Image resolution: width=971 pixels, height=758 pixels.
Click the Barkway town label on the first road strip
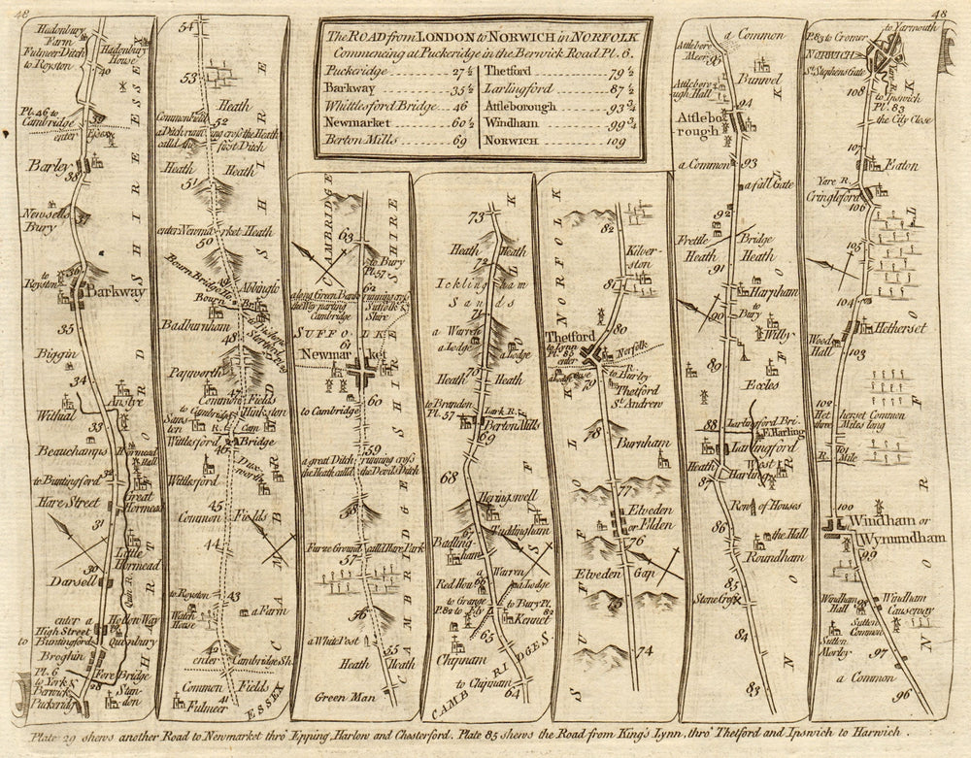[115, 290]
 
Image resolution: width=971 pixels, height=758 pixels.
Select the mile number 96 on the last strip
[903, 694]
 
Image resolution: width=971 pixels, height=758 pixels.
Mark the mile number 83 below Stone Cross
[753, 688]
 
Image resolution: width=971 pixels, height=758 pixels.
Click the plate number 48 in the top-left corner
[23, 12]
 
